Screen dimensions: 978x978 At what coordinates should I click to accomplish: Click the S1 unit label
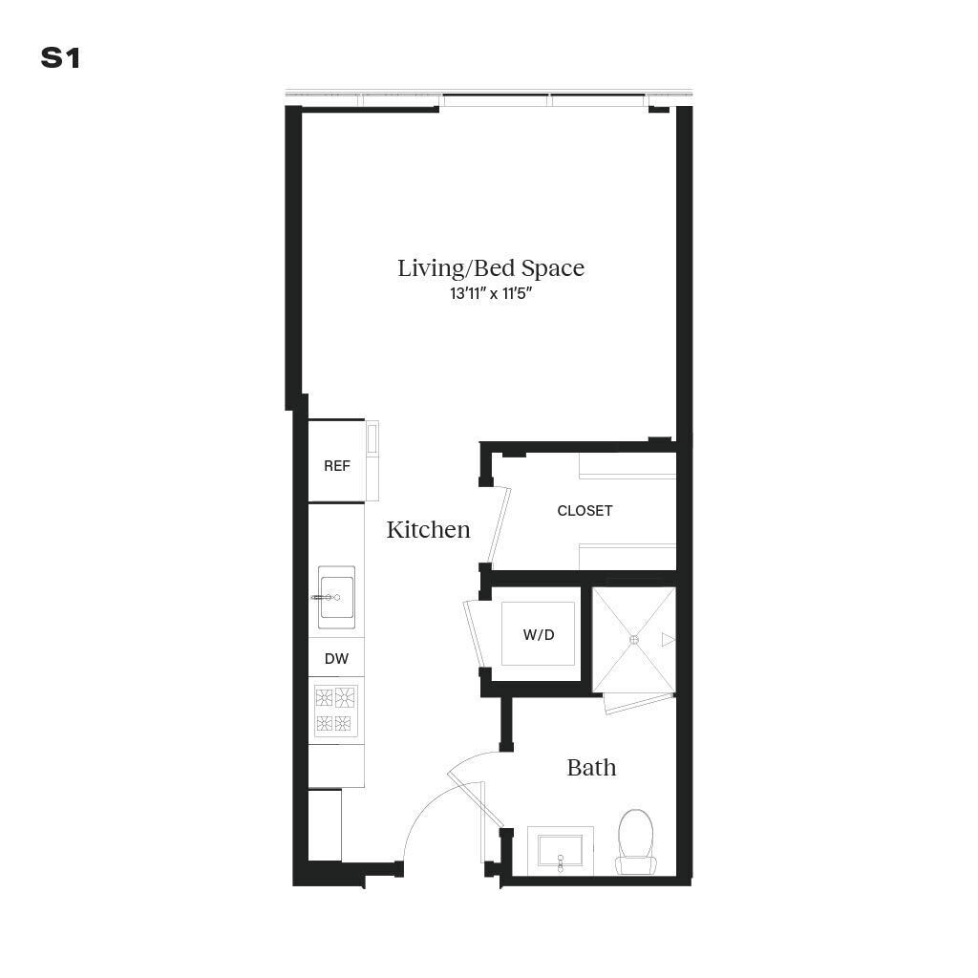point(60,58)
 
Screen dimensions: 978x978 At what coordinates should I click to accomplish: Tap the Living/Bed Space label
point(491,268)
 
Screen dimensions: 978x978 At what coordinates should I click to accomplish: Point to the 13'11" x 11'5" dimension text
point(491,294)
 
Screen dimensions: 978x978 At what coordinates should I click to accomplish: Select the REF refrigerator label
point(336,466)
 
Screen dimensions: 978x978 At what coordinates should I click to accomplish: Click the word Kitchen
point(428,529)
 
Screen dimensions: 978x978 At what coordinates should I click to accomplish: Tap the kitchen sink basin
point(336,597)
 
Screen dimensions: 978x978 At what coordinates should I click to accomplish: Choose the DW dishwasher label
point(335,658)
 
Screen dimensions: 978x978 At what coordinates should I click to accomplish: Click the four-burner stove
point(335,710)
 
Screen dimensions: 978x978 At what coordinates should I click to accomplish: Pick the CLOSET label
point(585,511)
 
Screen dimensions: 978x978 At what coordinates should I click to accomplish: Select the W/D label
point(539,634)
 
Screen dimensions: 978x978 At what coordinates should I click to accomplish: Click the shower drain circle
point(634,640)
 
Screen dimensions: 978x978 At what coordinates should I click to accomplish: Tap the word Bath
point(591,767)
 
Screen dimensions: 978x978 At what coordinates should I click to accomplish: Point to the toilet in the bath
point(636,841)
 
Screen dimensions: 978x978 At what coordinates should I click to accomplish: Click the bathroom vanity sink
point(561,850)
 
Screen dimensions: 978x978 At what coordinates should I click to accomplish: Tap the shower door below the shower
point(638,703)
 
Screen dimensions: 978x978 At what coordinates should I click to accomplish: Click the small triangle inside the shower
point(668,639)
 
